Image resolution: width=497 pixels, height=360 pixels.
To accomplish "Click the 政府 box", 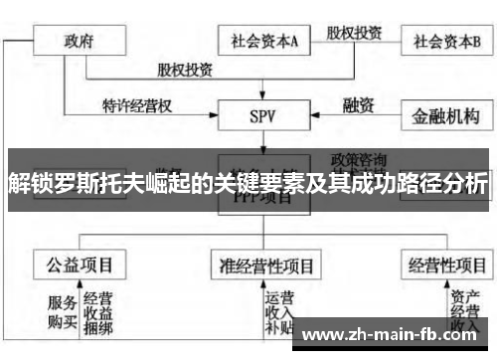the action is point(81,42).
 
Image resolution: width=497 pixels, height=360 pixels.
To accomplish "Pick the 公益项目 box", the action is point(80,265).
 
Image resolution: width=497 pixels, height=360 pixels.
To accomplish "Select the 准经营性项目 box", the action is point(266,266).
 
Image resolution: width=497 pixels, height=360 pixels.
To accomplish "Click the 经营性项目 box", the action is point(446,265).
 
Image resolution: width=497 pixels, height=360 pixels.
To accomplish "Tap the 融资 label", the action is point(358,103).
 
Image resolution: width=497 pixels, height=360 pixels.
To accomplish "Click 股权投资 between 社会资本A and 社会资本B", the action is point(357,31).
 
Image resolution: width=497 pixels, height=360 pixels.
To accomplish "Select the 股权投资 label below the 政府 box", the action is point(184,71).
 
